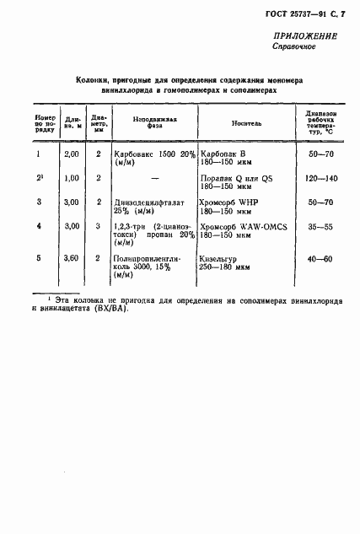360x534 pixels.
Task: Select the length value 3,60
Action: pyautogui.click(x=71, y=260)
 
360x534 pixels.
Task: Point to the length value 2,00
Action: pyautogui.click(x=71, y=154)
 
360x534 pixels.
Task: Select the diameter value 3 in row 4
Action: pyautogui.click(x=99, y=227)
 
